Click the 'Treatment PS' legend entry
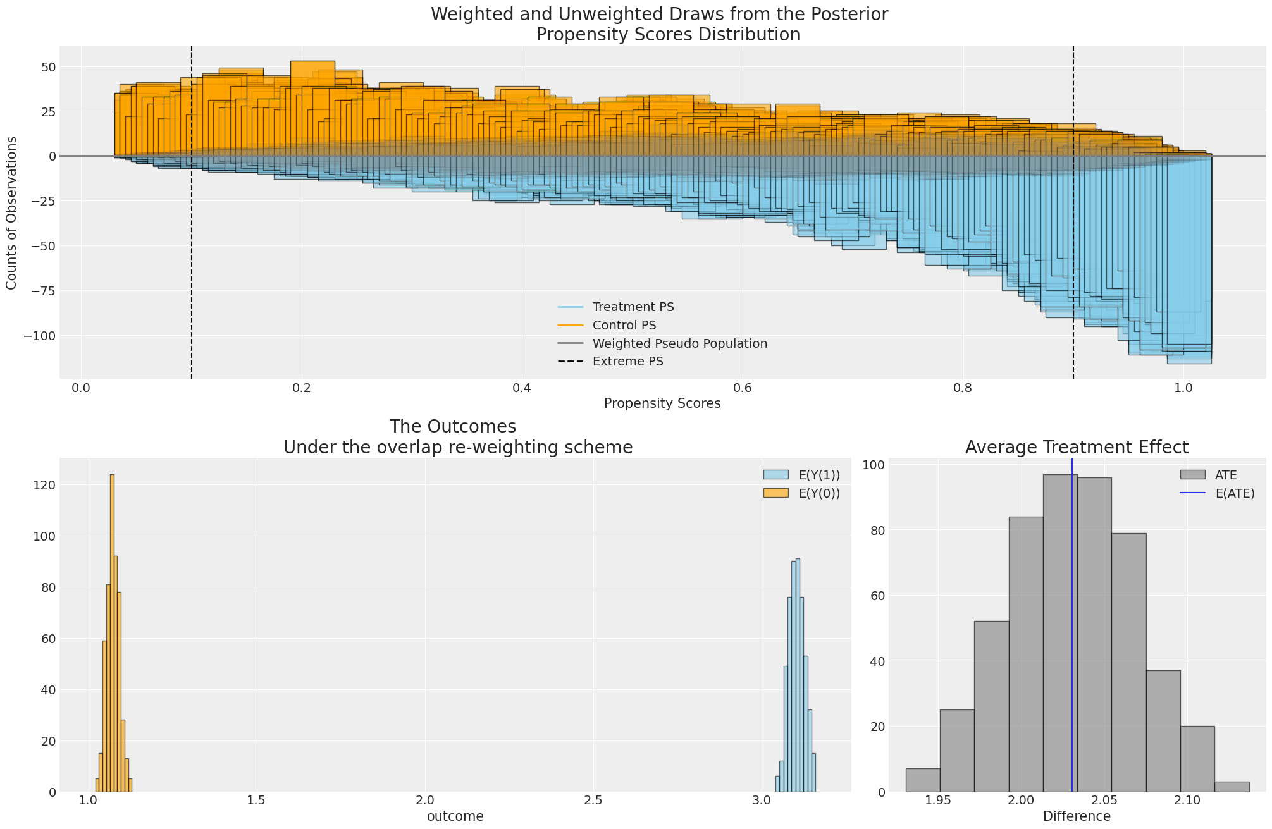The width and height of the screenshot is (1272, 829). tap(633, 307)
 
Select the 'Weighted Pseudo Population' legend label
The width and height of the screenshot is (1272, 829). tap(679, 344)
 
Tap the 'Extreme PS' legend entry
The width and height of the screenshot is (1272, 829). tap(627, 362)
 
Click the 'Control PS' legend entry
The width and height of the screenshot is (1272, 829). tap(624, 326)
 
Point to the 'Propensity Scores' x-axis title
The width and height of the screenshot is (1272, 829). tap(662, 403)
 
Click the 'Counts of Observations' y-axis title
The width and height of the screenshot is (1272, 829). tap(12, 213)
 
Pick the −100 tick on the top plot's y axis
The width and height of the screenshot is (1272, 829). tap(39, 335)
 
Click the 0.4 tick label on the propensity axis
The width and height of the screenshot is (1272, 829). tap(521, 387)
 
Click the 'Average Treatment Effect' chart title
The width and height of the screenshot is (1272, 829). tap(1076, 448)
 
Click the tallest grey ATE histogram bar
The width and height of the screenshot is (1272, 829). tap(1059, 632)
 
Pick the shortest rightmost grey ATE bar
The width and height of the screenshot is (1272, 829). tap(1231, 787)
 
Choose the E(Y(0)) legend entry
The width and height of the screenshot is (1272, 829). tap(819, 494)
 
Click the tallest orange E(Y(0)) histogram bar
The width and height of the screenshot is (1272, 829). tap(112, 632)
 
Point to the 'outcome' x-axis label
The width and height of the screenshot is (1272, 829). tap(455, 816)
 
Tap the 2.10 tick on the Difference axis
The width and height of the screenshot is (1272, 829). tap(1187, 800)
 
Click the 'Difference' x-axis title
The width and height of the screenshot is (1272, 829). tap(1076, 816)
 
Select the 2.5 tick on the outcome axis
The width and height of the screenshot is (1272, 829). tap(593, 800)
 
